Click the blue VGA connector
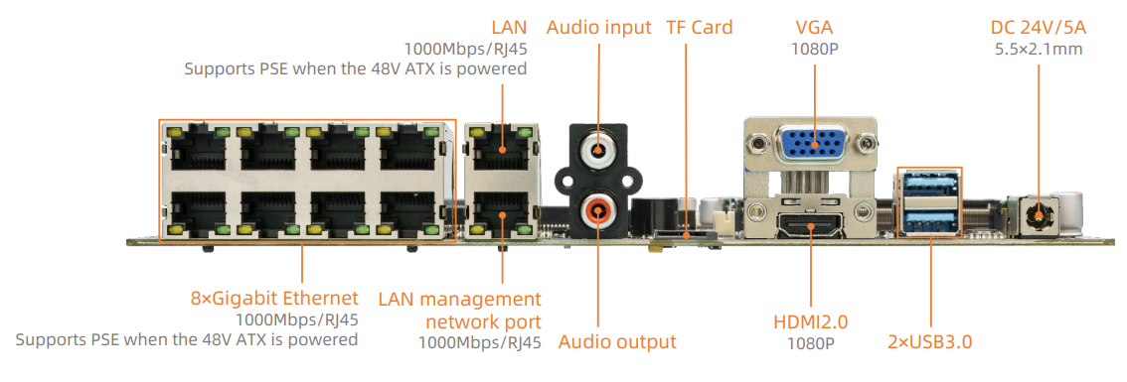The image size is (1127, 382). [x=812, y=147]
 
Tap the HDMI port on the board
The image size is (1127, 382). [x=810, y=225]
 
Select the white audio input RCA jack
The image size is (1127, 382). [x=598, y=152]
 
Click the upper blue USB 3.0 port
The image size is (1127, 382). [x=929, y=185]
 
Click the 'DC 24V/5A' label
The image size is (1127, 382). [x=1039, y=27]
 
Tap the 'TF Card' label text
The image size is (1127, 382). [x=699, y=27]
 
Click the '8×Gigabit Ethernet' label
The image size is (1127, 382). [x=273, y=298]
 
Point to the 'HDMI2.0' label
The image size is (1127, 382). [x=810, y=321]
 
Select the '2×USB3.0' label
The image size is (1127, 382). [x=929, y=342]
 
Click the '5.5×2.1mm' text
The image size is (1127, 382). [x=1039, y=48]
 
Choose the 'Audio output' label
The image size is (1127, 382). [x=616, y=342]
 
